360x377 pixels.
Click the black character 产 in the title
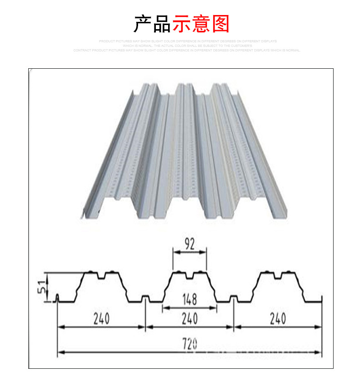(x=143, y=24)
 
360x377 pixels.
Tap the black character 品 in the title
(x=162, y=24)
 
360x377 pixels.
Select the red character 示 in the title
(x=181, y=24)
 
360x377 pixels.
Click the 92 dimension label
(x=190, y=244)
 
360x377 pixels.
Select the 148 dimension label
(x=190, y=299)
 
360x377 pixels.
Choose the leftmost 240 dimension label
(x=101, y=318)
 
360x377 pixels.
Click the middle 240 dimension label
(x=190, y=318)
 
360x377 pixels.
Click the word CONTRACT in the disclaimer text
(x=82, y=50)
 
